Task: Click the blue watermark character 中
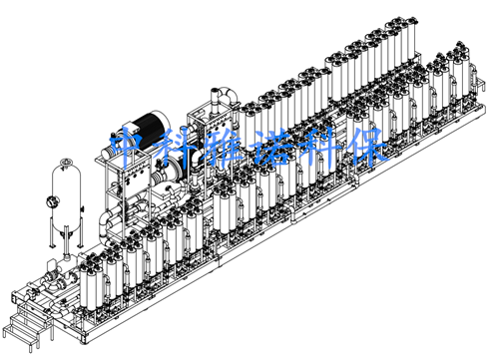point(130,147)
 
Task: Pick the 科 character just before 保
point(319,148)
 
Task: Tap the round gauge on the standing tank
point(52,201)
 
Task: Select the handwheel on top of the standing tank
point(67,163)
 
